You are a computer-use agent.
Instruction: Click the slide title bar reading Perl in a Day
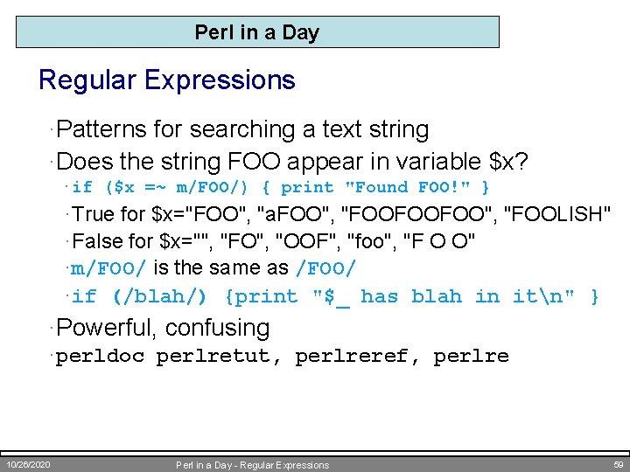point(257,32)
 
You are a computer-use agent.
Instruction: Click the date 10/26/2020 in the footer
point(27,463)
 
